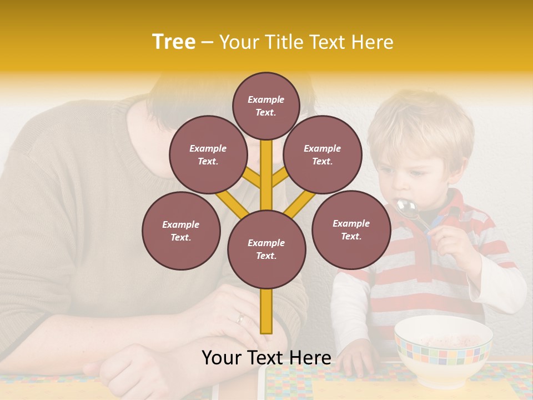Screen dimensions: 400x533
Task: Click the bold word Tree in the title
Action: tap(174, 42)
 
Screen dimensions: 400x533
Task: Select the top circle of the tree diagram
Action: tap(266, 106)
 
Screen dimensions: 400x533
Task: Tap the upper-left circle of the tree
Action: tap(208, 155)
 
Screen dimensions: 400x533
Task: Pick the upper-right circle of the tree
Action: tap(323, 155)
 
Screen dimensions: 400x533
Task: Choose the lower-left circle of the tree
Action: tap(181, 231)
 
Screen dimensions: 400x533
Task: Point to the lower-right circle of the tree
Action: tap(351, 230)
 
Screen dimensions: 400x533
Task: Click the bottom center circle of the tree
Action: tap(266, 249)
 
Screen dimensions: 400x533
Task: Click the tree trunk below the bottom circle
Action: tap(266, 311)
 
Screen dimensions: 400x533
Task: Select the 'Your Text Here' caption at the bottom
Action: tap(266, 358)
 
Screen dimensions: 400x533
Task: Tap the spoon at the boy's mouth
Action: tap(407, 209)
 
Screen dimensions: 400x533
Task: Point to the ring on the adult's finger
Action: tap(240, 319)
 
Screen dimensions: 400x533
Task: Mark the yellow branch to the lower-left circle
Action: tap(232, 203)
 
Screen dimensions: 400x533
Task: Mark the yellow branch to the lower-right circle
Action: tap(300, 203)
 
